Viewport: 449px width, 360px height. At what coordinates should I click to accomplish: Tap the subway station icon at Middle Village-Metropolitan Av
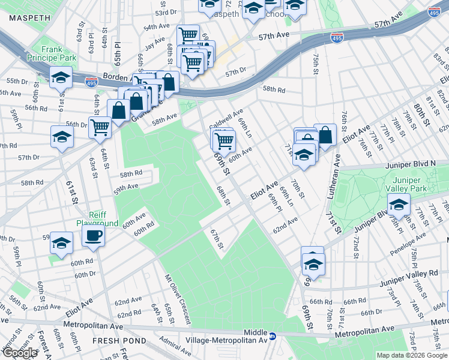(272, 337)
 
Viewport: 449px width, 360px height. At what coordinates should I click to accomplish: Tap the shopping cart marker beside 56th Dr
(100, 127)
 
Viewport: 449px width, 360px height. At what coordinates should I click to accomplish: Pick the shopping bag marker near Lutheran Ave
(325, 135)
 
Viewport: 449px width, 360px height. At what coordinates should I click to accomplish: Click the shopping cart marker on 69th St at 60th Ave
(224, 141)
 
